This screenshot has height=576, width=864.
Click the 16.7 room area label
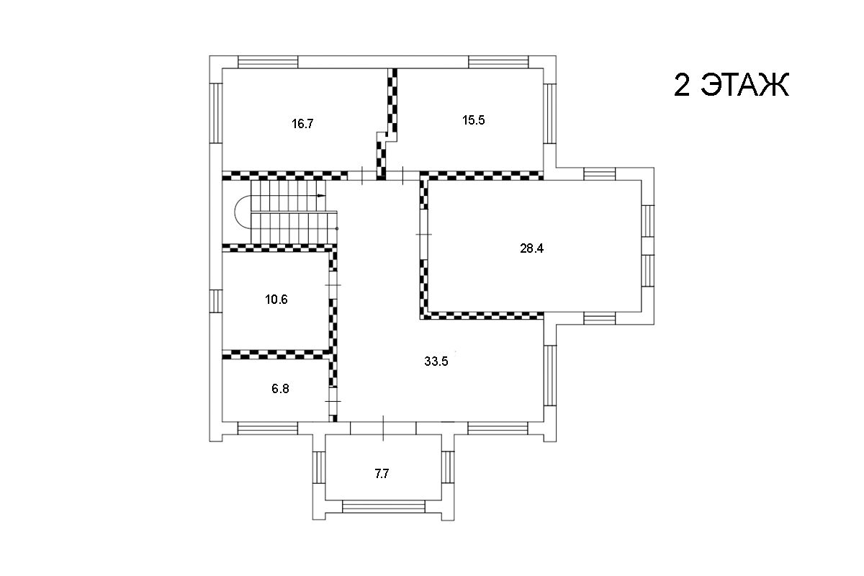tap(302, 124)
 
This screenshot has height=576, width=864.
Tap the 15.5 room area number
tap(473, 120)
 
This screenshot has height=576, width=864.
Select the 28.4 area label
tap(531, 248)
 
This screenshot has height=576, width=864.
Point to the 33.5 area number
tap(436, 361)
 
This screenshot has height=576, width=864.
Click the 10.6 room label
tap(276, 300)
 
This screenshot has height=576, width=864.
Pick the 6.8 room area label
tap(280, 389)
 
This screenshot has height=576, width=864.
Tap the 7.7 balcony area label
tap(382, 474)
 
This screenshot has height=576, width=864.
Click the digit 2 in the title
tap(682, 85)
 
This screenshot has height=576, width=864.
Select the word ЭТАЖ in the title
tap(744, 85)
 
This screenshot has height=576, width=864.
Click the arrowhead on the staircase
tap(321, 196)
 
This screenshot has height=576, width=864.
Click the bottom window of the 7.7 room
tap(384, 506)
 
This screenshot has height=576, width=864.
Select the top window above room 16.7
tap(268, 62)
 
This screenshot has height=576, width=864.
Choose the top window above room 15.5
tap(498, 62)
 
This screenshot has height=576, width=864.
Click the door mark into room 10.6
tap(333, 284)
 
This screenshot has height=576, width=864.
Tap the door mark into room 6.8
tap(333, 401)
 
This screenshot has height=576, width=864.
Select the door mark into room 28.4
tap(424, 234)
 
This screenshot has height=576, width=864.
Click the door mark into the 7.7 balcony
tap(383, 428)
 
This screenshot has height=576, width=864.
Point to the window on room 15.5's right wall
tap(550, 114)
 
